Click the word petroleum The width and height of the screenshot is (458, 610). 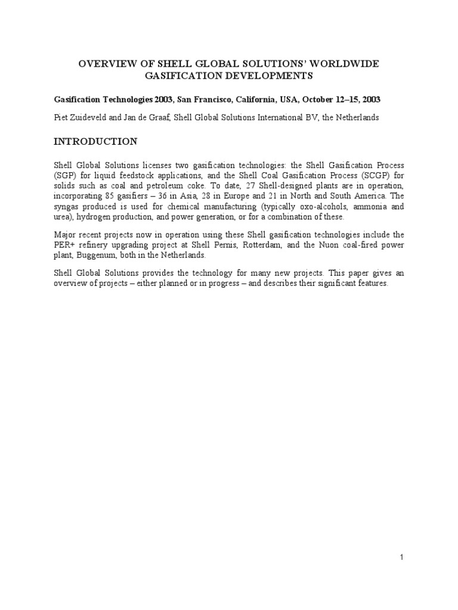(x=166, y=186)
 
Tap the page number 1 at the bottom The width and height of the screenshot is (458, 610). (x=402, y=557)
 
